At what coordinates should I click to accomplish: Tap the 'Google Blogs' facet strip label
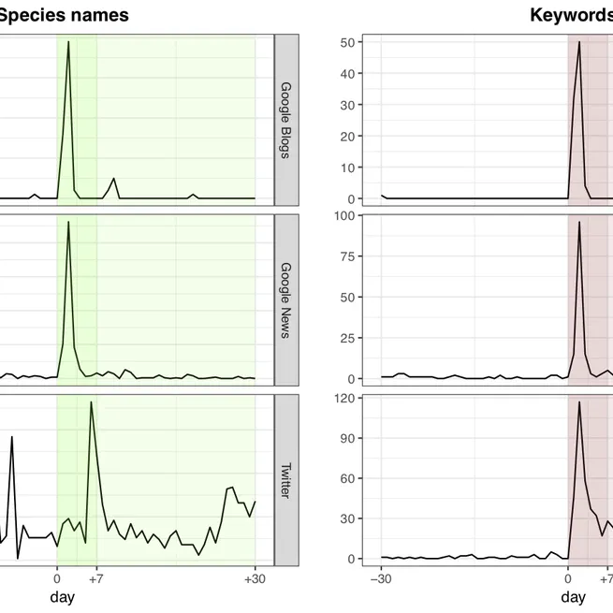coord(285,119)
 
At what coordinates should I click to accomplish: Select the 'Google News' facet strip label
coord(285,299)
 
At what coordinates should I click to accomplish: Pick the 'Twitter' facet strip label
coord(285,479)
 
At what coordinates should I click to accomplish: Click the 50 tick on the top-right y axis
coord(347,42)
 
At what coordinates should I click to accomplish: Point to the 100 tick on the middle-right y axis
coord(343,215)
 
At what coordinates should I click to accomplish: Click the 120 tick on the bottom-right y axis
coord(343,399)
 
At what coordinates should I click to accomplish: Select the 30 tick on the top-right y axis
coord(347,105)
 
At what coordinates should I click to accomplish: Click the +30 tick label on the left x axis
coord(255,579)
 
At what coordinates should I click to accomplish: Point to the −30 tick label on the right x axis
coord(381,579)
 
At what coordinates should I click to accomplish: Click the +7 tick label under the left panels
coord(95,579)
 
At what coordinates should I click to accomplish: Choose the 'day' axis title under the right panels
coord(573,597)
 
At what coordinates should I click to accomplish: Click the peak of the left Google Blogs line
coord(68,42)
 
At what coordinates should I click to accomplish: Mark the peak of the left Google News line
coord(68,223)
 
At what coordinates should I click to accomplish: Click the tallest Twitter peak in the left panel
coord(91,402)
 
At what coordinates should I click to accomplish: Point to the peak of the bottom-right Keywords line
coord(579,402)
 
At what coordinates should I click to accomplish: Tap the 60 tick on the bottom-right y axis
coord(347,478)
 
